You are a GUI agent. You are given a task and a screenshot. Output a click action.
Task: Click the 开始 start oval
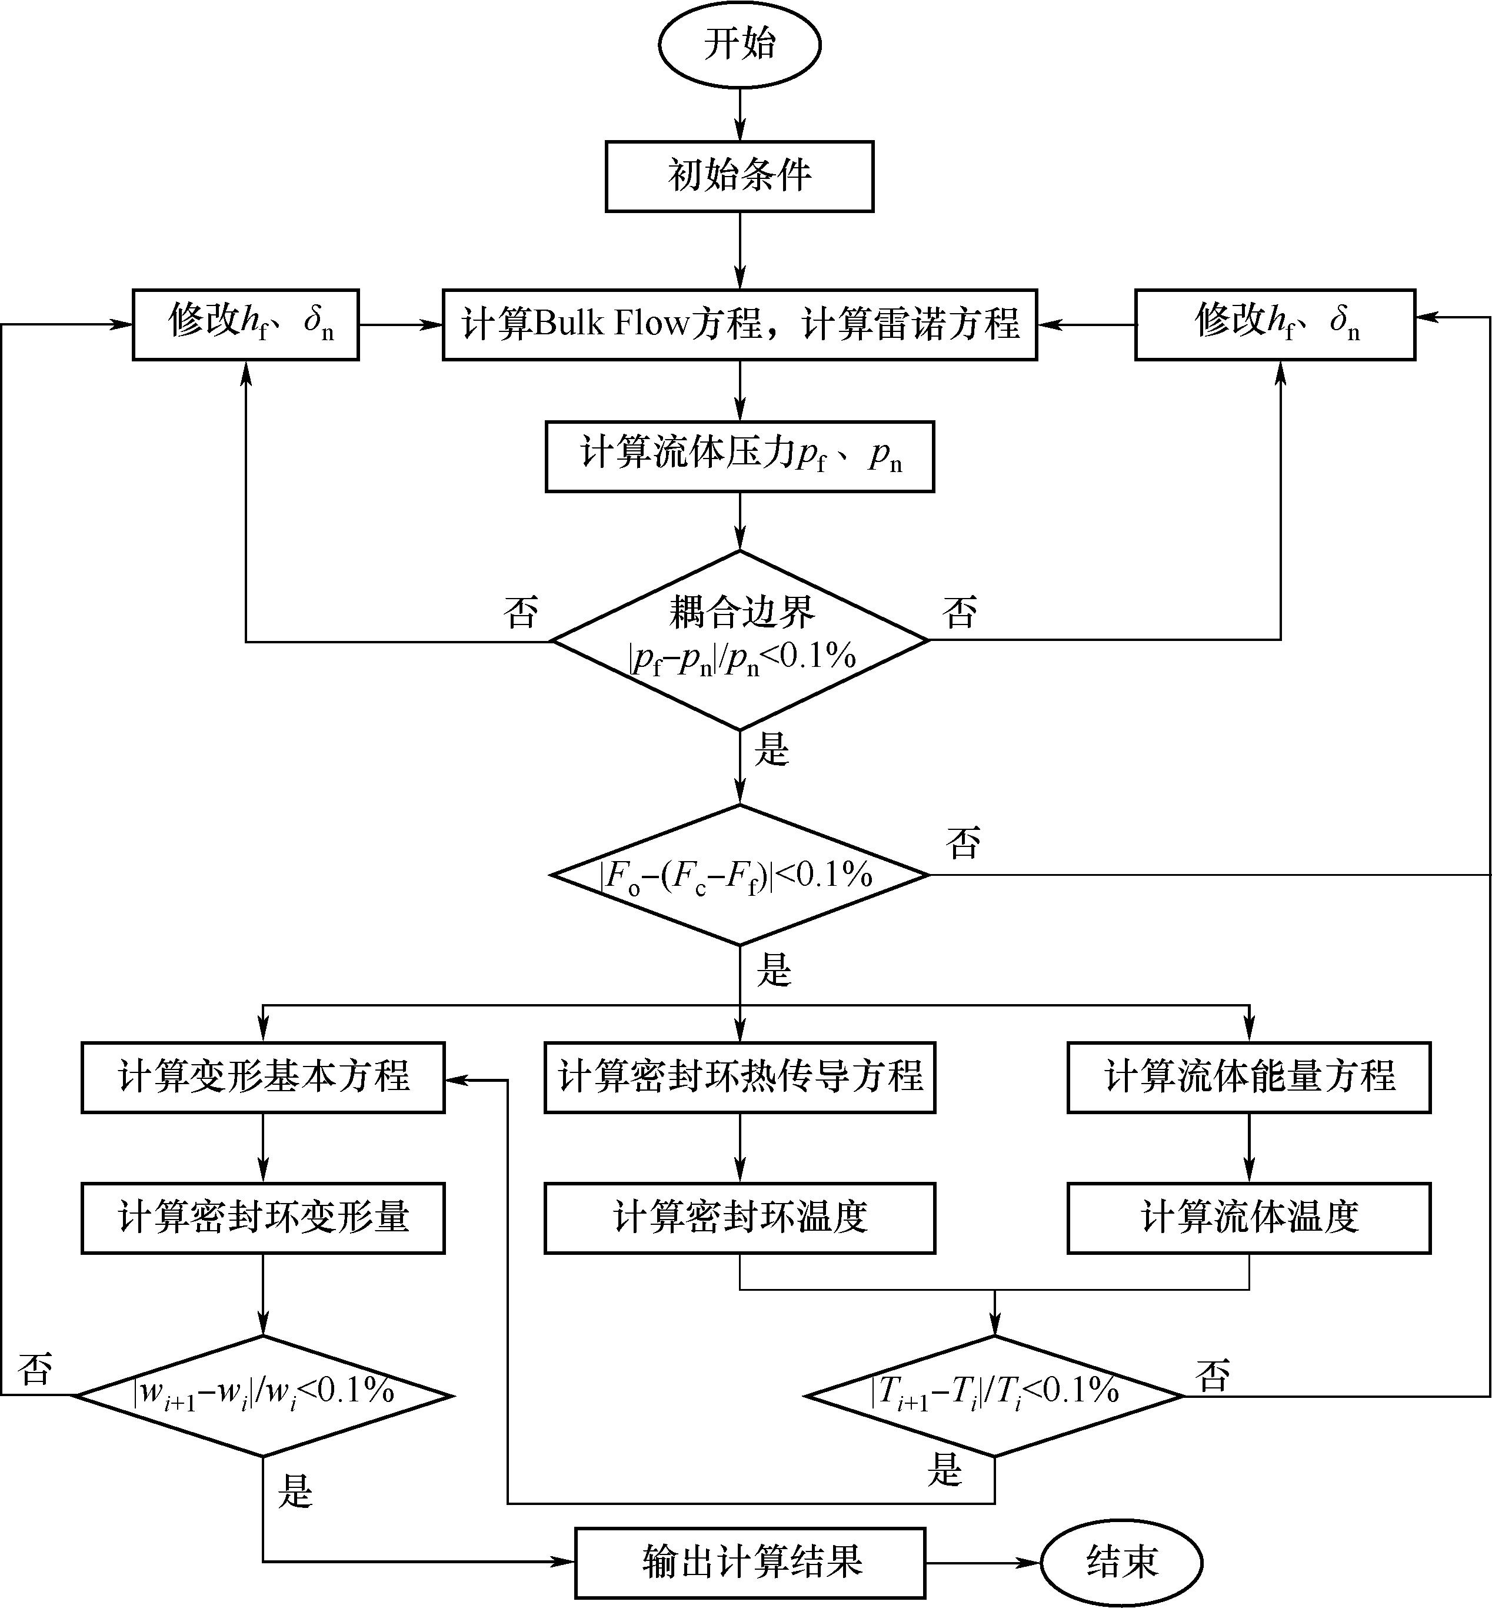click(740, 44)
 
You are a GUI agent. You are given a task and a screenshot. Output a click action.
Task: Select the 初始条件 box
click(740, 176)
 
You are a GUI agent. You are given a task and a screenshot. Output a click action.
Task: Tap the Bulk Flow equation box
click(740, 324)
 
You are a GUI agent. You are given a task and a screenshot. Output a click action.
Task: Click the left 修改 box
click(245, 324)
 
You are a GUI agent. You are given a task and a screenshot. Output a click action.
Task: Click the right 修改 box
click(1275, 324)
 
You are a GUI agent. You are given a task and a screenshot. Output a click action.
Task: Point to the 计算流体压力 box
click(740, 456)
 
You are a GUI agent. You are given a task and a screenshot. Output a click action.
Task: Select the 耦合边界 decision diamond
click(740, 640)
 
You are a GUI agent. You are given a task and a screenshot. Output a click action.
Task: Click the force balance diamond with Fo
click(740, 875)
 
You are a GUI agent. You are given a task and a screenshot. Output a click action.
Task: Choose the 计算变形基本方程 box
click(263, 1077)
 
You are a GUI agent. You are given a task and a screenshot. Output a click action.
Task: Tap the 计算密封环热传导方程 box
click(740, 1077)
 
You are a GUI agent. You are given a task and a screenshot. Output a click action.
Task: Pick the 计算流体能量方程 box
click(1249, 1077)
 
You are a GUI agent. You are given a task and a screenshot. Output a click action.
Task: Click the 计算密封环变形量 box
click(263, 1218)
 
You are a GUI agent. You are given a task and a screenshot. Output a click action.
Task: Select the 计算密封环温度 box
click(740, 1218)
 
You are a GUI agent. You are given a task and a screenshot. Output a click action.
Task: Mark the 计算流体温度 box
click(1249, 1218)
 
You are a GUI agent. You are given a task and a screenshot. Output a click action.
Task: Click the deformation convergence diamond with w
click(263, 1395)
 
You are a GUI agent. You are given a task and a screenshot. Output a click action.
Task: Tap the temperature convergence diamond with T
click(995, 1395)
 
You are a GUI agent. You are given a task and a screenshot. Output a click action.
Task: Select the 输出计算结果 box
click(750, 1563)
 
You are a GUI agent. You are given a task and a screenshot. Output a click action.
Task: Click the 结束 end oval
click(1121, 1563)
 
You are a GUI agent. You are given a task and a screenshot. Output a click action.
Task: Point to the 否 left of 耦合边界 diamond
click(521, 613)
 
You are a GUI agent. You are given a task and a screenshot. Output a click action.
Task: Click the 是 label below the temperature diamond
click(945, 1469)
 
